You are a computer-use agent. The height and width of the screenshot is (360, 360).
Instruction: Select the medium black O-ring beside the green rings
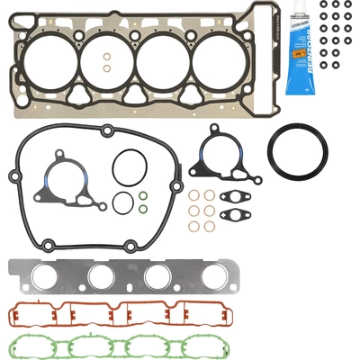click(x=121, y=202)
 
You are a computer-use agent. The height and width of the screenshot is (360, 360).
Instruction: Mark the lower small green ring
click(x=143, y=210)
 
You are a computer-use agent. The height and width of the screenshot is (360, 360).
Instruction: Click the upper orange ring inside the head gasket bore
click(x=107, y=56)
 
